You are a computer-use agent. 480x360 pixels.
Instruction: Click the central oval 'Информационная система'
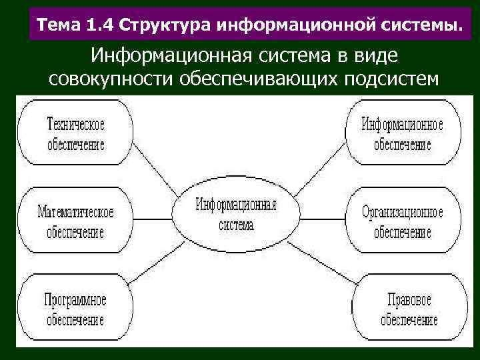[236, 214]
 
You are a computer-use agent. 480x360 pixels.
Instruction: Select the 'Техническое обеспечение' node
[76, 134]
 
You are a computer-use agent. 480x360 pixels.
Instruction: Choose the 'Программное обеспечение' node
[75, 308]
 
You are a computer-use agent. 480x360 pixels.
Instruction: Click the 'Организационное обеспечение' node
[402, 221]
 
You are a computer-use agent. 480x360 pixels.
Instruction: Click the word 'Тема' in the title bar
[59, 26]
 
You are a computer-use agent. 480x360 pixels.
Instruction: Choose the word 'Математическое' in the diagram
[75, 212]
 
